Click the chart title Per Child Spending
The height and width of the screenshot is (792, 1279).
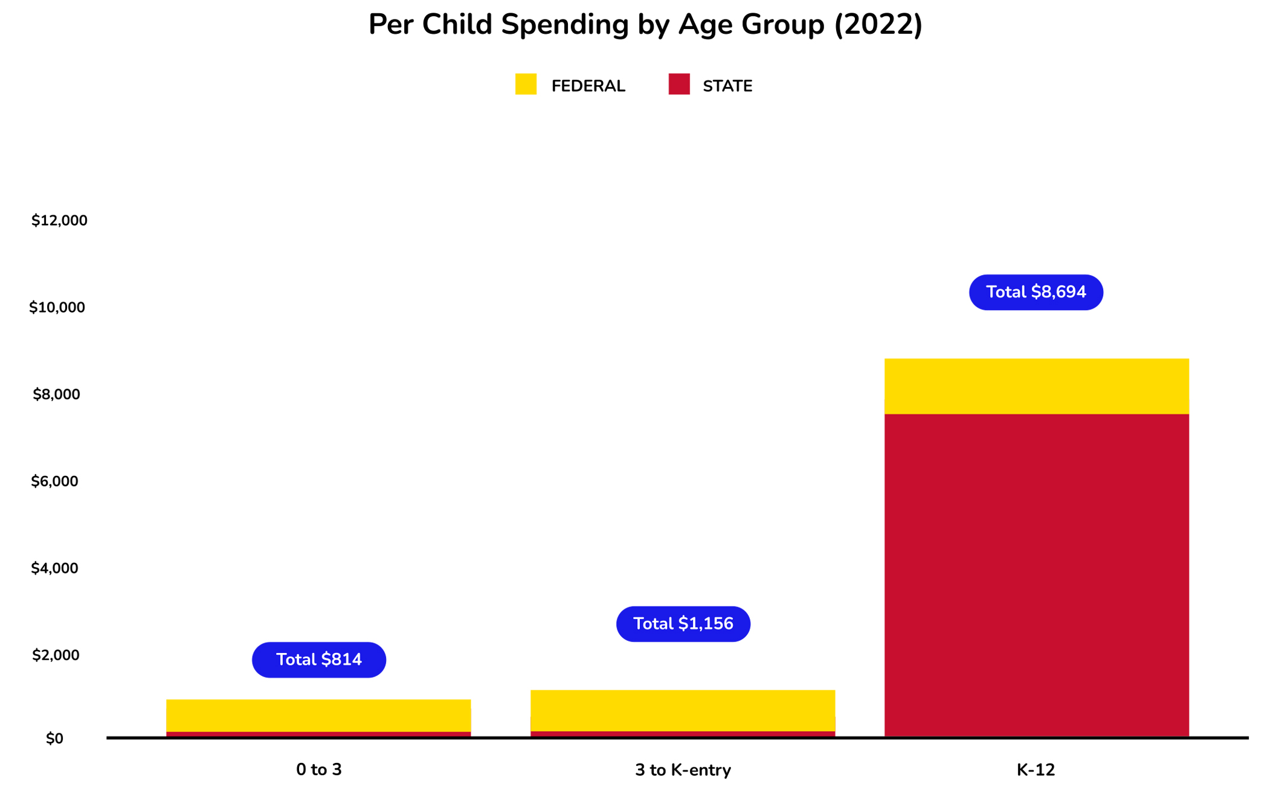645,25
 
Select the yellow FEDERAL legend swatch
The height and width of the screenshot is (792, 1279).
526,84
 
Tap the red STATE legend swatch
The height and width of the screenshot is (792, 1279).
679,84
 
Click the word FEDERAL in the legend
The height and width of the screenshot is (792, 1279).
588,86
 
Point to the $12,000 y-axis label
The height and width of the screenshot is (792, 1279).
59,221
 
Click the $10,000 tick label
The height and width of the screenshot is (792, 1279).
57,308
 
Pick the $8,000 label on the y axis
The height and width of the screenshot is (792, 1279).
56,395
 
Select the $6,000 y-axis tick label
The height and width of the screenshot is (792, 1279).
55,482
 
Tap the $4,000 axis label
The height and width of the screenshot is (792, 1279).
55,568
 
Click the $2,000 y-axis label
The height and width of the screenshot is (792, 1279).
56,655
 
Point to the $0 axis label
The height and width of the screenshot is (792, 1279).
54,739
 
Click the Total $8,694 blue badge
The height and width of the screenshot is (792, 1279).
1036,293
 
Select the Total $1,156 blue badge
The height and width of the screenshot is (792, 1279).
683,624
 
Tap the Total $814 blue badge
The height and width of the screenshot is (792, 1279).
319,660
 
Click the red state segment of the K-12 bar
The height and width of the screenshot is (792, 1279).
1036,574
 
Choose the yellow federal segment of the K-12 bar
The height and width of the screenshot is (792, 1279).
1036,386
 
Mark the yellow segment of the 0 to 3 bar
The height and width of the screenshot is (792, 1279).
318,716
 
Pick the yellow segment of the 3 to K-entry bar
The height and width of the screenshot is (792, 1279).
683,711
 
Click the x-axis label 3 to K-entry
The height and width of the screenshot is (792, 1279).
683,770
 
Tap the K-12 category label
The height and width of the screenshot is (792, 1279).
1036,770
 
